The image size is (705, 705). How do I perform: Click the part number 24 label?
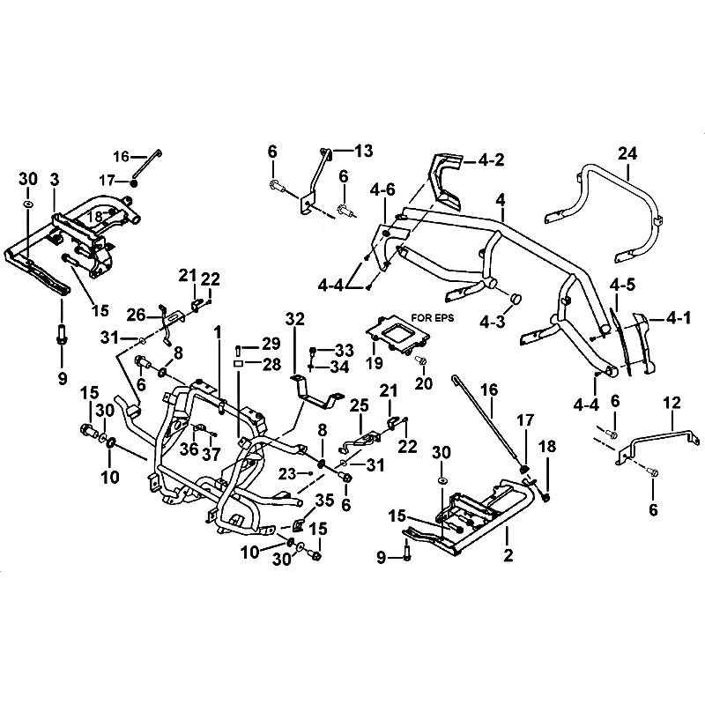(627, 153)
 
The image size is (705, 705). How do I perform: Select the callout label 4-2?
(492, 161)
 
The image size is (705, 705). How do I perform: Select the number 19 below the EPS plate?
(375, 362)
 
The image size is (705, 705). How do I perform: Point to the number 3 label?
(55, 180)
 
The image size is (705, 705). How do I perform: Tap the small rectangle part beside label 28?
(238, 362)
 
